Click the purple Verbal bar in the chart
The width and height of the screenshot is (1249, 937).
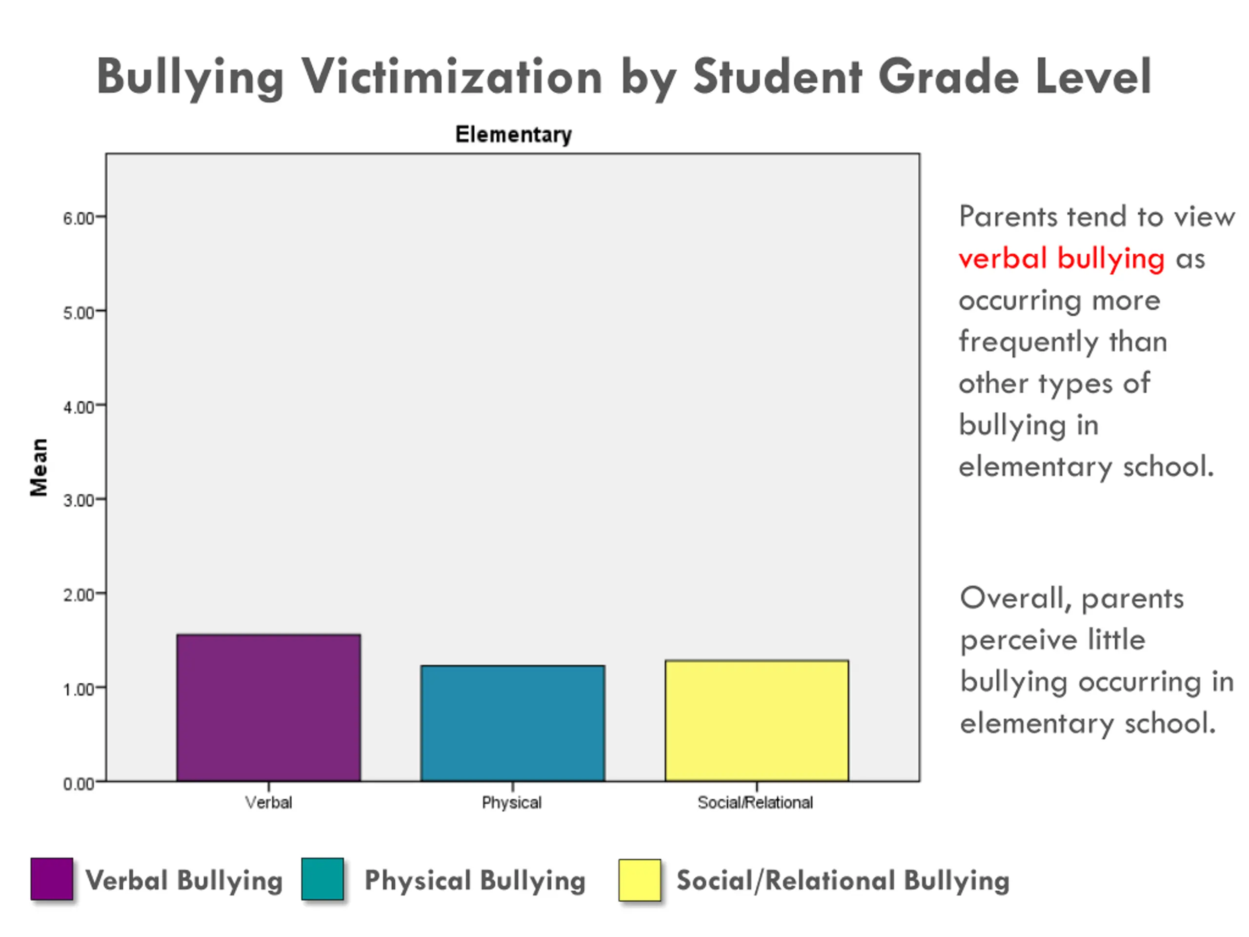268,708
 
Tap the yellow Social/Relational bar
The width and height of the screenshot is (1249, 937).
757,721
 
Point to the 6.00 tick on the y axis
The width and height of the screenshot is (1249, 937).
79,219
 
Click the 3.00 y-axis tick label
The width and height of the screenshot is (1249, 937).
79,500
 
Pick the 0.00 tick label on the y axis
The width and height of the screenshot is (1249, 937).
79,784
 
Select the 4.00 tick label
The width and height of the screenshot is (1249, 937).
79,407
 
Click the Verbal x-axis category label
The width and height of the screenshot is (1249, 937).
268,803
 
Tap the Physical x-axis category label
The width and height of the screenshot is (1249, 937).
512,803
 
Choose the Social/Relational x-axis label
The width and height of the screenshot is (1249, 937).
755,803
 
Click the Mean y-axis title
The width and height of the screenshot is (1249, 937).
39,467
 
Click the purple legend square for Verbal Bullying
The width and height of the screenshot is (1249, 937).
52,879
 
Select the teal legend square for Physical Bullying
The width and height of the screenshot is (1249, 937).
322,879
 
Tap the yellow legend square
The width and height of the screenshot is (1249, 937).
639,880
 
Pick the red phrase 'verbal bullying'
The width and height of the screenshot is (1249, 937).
1062,259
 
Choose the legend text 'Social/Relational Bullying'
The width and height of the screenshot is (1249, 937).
843,880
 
